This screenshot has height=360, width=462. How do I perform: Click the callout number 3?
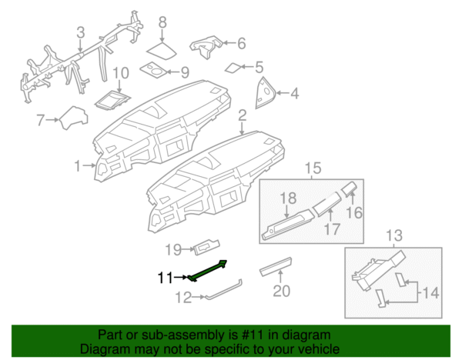[79, 32]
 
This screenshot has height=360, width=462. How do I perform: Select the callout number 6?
[241, 44]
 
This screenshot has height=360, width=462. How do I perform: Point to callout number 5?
[259, 68]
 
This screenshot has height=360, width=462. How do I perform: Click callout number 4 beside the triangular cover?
[293, 95]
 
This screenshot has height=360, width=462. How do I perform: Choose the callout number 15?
[312, 168]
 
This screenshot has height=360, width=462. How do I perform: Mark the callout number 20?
[281, 291]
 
